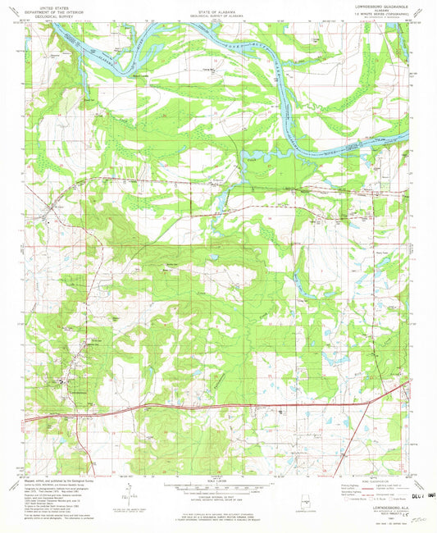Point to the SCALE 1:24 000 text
click(216, 478)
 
